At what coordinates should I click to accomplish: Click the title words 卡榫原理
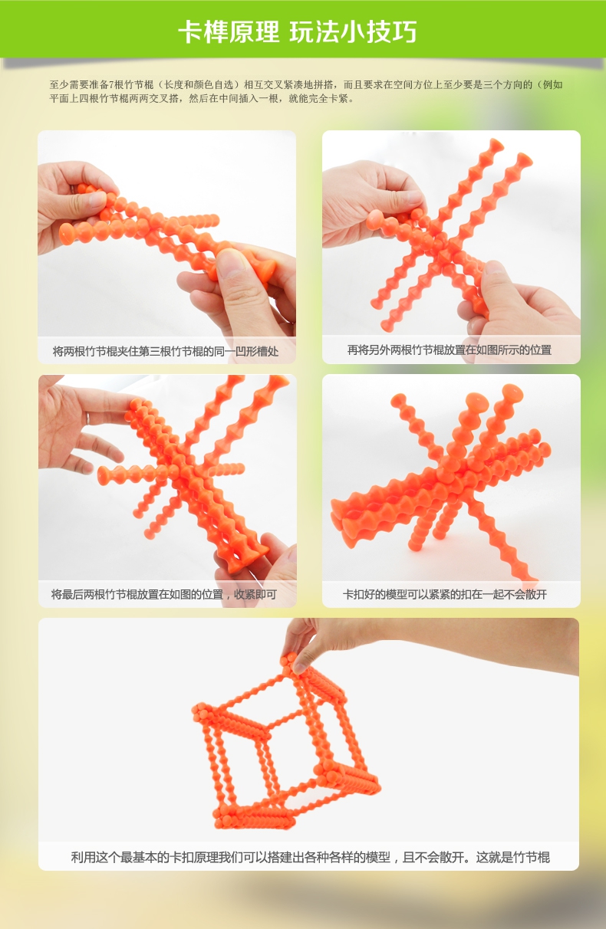[229, 32]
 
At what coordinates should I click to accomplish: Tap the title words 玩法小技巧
[353, 32]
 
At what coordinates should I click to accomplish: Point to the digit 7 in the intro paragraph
[110, 85]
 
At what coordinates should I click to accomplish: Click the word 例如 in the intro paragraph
[552, 85]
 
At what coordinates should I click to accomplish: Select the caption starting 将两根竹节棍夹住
[165, 351]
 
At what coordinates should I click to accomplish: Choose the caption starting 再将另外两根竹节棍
[449, 350]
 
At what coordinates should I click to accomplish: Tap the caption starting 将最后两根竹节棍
[163, 594]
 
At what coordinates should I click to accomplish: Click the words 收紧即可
[255, 594]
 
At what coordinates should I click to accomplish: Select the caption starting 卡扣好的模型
[445, 594]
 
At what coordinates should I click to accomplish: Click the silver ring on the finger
[88, 418]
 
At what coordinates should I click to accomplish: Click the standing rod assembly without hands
[441, 481]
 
